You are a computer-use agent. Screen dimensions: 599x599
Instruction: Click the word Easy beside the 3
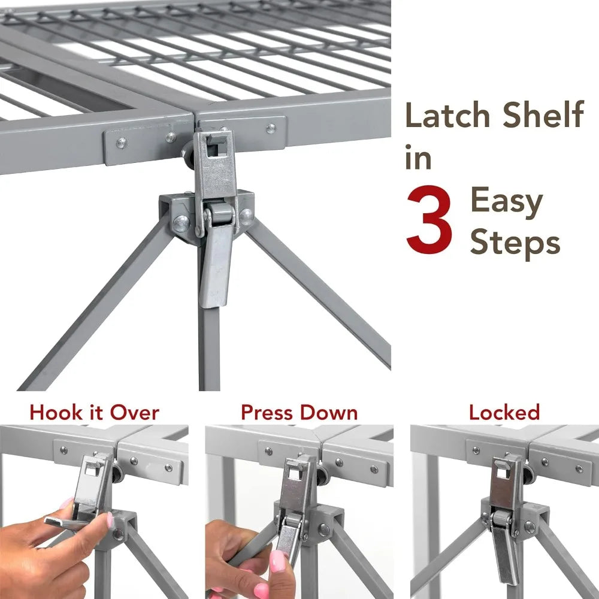(506, 202)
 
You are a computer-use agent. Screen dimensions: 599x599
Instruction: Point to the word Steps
(515, 242)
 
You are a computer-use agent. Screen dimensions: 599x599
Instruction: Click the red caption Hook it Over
(94, 413)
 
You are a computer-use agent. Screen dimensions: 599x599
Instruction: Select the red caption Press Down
(299, 413)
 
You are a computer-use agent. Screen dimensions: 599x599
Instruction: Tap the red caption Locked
(504, 413)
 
